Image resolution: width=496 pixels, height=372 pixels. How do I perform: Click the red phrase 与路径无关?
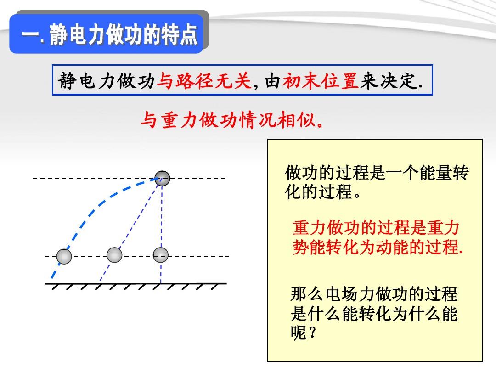[x=204, y=81]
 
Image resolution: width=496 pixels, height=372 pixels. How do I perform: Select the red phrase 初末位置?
[x=320, y=81]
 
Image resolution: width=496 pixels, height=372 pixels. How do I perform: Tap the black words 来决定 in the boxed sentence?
[x=389, y=81]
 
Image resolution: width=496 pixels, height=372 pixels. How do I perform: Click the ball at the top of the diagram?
[x=162, y=178]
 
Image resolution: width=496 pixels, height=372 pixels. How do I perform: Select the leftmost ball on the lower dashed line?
[x=64, y=256]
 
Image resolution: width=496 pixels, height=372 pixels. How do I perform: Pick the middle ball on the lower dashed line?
[x=114, y=255]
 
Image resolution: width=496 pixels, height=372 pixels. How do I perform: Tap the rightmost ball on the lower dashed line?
[x=161, y=255]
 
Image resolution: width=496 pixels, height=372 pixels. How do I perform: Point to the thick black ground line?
[x=135, y=283]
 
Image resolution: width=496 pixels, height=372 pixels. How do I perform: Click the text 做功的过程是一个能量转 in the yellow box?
[x=377, y=173]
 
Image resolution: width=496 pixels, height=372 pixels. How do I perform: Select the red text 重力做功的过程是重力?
[x=376, y=227]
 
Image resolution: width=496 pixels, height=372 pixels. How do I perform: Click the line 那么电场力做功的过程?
[x=374, y=294]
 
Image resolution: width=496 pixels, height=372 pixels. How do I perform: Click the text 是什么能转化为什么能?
[x=374, y=314]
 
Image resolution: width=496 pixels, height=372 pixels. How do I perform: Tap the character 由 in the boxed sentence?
[x=272, y=81]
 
